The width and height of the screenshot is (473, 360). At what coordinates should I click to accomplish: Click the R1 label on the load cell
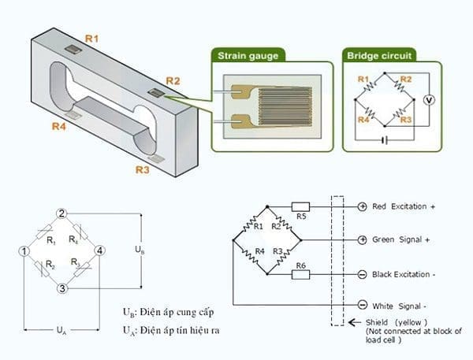click(92, 37)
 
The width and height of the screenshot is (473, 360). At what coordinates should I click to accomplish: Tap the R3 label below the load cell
click(143, 169)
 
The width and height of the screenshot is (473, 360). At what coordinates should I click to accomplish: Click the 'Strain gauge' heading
click(246, 56)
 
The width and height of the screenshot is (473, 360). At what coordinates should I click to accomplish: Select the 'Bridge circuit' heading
click(382, 56)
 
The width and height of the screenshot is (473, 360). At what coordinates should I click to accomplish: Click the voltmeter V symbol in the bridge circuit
click(429, 100)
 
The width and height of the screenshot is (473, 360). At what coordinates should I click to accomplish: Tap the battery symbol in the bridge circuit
click(384, 141)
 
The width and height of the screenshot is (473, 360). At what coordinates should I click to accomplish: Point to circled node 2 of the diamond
click(62, 213)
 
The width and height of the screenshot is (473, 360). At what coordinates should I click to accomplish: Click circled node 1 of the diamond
click(24, 251)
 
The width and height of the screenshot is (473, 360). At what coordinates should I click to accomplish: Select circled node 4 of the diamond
click(100, 251)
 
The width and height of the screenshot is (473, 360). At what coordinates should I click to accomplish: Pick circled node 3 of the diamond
click(62, 289)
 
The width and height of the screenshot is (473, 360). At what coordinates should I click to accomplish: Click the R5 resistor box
click(300, 206)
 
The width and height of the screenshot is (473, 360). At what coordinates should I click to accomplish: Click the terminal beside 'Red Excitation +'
click(362, 206)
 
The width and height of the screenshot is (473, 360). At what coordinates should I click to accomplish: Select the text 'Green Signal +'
click(400, 239)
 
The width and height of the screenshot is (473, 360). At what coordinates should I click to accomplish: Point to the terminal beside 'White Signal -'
click(362, 305)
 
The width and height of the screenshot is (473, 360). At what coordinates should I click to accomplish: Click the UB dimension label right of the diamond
click(140, 250)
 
